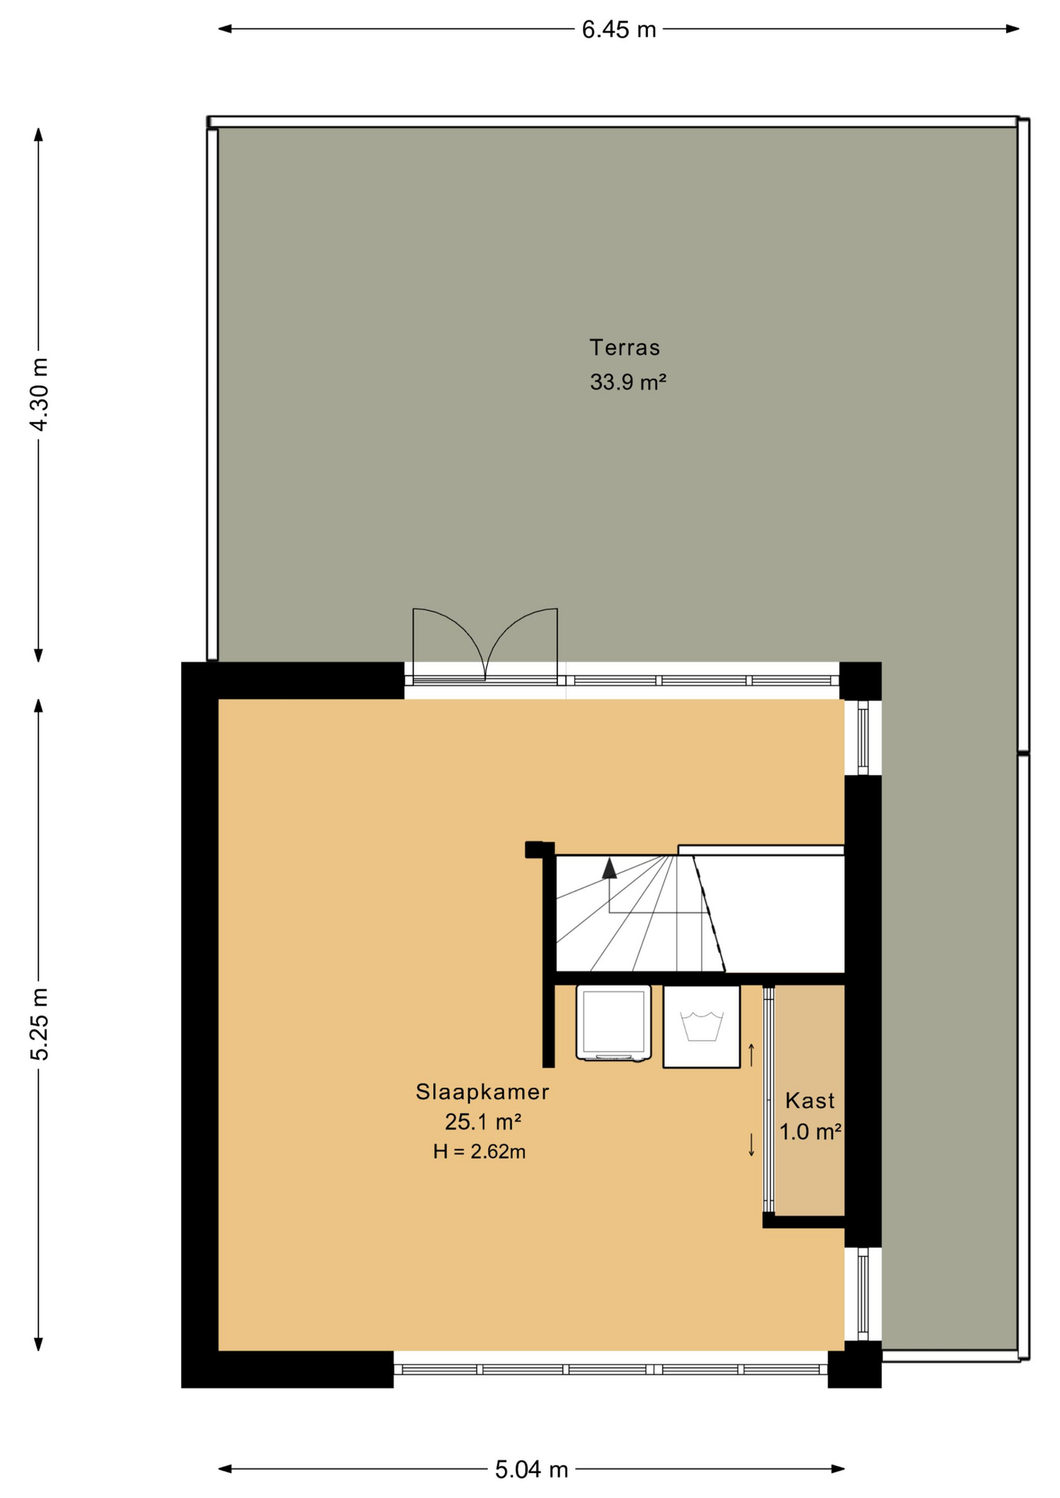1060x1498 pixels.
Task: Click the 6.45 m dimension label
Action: [619, 30]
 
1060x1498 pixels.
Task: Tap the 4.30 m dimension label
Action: [39, 394]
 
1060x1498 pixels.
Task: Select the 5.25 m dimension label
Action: [39, 1024]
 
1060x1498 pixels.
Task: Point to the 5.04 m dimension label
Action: [532, 1470]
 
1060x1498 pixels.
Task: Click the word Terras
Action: [624, 347]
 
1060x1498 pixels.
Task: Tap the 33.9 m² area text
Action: [628, 382]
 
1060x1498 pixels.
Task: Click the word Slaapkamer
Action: [482, 1092]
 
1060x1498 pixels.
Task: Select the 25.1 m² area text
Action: [483, 1122]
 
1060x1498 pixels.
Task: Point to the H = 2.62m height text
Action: [479, 1152]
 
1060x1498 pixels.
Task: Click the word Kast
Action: [810, 1101]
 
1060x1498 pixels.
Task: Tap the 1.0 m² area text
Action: [810, 1131]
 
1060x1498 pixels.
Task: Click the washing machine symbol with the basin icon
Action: [702, 1026]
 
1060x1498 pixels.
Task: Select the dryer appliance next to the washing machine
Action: [614, 1023]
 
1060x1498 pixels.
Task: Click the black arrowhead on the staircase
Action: [610, 868]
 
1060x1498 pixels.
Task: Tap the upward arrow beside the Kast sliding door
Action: [752, 1055]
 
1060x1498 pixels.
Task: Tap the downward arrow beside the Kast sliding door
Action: [752, 1145]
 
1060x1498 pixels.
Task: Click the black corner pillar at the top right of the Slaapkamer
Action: [860, 681]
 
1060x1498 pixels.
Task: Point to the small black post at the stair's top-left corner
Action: [535, 850]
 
